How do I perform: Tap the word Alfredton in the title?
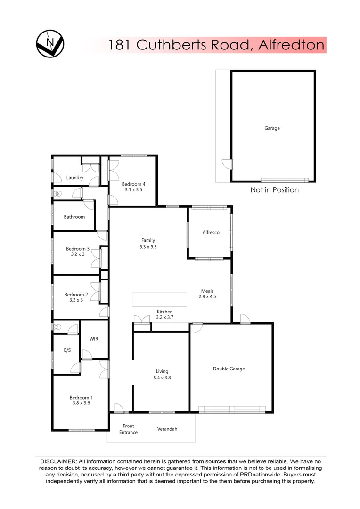[x=292, y=45]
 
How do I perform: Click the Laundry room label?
[x=75, y=178]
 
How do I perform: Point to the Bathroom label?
[x=74, y=217]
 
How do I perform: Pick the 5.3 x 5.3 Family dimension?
[x=148, y=246]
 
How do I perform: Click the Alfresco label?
[x=211, y=232]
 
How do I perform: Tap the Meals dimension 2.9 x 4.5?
[x=207, y=297]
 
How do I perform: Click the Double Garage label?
[x=229, y=369]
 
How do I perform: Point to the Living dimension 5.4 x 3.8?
[x=161, y=378]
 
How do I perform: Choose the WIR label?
[x=94, y=339]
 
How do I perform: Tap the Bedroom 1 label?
[x=80, y=397]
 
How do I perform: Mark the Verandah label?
[x=167, y=429]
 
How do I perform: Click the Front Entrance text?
[x=128, y=429]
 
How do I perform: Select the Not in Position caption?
[x=275, y=190]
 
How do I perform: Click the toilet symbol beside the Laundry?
[x=57, y=194]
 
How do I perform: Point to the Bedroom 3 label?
[x=78, y=249]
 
